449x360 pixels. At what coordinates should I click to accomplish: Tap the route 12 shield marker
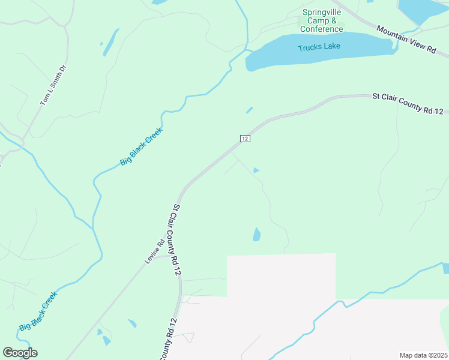pos(244,139)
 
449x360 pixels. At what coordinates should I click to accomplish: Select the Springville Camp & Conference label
pos(322,20)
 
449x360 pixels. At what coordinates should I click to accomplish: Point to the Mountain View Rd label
pos(406,40)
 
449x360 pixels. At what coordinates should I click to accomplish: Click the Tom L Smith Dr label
pos(52,86)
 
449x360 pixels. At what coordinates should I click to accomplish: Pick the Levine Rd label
pos(154,252)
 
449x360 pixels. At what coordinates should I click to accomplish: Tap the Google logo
pos(20,353)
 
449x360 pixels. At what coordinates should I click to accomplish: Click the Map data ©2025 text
pos(424,355)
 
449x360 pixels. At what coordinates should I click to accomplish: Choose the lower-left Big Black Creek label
pos(38,311)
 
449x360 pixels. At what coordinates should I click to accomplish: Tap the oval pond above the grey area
pos(257,234)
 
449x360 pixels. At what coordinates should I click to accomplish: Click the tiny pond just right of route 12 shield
pos(256,170)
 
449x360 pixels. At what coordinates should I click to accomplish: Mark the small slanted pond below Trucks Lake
pos(249,110)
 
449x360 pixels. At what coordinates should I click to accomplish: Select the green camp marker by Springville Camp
pos(301,20)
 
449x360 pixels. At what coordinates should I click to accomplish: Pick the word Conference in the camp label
pos(322,29)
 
